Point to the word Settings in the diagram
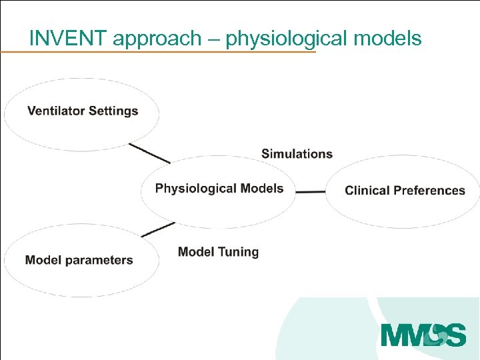point(113,111)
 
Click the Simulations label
point(297,154)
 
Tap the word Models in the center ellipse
point(261,189)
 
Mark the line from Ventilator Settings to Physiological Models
point(149,153)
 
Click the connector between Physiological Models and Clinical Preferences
point(310,192)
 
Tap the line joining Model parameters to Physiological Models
point(158,229)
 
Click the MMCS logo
point(423,334)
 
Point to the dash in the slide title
point(216,39)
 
